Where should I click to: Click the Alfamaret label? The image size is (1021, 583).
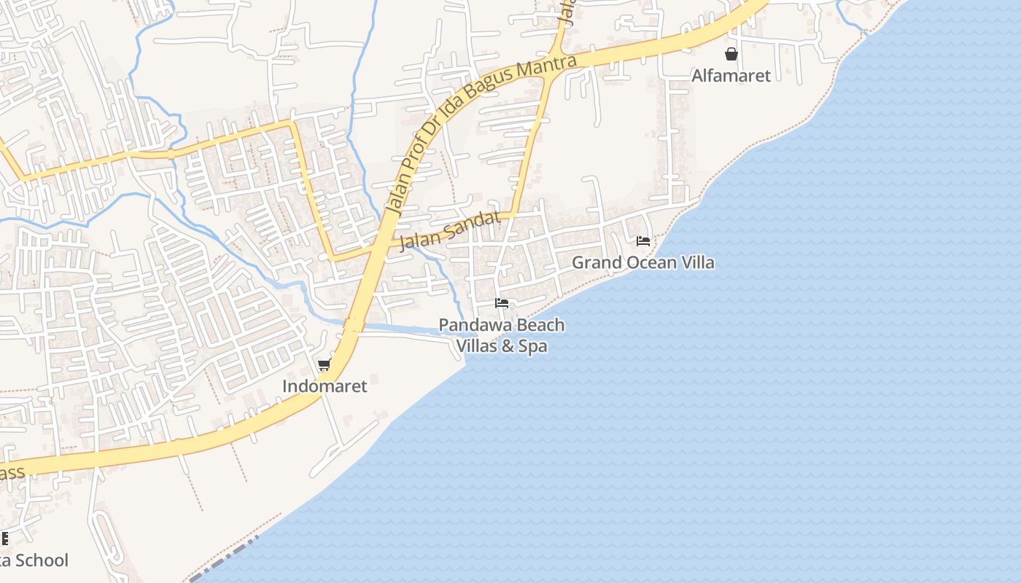click(731, 75)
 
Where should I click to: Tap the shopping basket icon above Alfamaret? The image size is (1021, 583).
click(731, 54)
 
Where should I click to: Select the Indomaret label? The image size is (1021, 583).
click(325, 386)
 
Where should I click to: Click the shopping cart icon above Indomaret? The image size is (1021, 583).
click(325, 364)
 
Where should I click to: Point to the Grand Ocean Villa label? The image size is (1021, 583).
click(643, 262)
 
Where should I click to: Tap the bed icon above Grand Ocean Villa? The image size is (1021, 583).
click(643, 240)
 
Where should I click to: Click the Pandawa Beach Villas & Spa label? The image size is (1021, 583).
click(502, 335)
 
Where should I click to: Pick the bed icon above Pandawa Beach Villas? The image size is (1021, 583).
click(501, 302)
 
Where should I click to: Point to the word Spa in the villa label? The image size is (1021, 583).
click(533, 346)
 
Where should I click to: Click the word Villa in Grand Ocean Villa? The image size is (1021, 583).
click(696, 262)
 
